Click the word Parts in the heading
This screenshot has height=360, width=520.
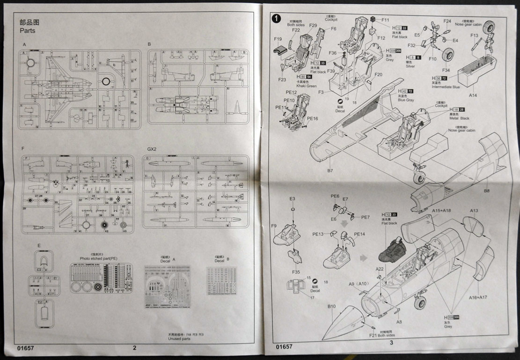coord(27,31)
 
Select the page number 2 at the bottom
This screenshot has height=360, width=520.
coord(134,347)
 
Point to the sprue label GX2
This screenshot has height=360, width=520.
coord(151,148)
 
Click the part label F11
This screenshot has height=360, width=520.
coord(385,20)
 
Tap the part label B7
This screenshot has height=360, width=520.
coord(330,170)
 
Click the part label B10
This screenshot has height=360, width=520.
coord(331,306)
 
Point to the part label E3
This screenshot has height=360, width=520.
coord(292,199)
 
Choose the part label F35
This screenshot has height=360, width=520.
coord(296,272)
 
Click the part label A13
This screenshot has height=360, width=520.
coord(473,210)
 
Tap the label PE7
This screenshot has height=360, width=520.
coord(366,217)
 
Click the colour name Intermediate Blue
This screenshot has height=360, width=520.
coord(445,87)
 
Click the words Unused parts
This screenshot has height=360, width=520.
coord(179,339)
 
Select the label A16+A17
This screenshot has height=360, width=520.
coord(478,297)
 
